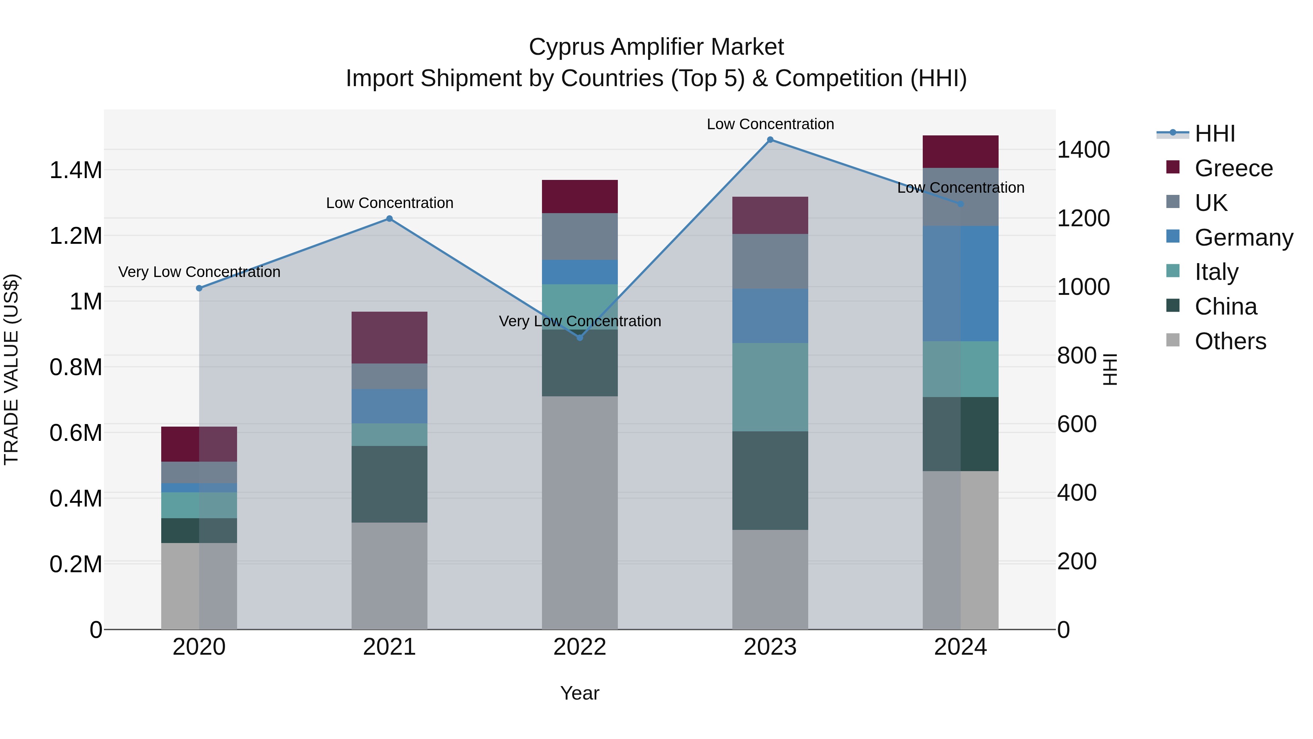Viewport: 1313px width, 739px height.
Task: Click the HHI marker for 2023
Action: pyautogui.click(x=770, y=140)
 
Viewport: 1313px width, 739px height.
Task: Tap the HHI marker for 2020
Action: pyautogui.click(x=199, y=288)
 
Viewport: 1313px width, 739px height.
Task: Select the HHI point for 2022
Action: pyautogui.click(x=580, y=338)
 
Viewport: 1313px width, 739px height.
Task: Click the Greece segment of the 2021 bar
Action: pyautogui.click(x=390, y=338)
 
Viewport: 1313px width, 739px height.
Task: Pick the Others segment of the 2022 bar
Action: pyautogui.click(x=580, y=513)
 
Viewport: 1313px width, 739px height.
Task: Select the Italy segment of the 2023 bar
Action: pyautogui.click(x=770, y=387)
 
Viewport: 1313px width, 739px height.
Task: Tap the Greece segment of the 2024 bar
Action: pyautogui.click(x=960, y=151)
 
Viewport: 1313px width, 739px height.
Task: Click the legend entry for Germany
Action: pyautogui.click(x=1244, y=238)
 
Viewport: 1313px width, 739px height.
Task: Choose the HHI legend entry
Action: pyautogui.click(x=1214, y=134)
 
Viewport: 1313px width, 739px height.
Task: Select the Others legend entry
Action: pyautogui.click(x=1230, y=341)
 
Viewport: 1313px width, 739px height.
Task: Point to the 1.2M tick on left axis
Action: pyautogui.click(x=75, y=236)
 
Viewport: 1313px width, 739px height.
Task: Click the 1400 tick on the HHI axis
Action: pyautogui.click(x=1083, y=150)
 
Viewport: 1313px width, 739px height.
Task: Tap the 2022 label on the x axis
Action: pyautogui.click(x=580, y=647)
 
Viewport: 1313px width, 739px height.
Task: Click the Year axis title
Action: pyautogui.click(x=580, y=693)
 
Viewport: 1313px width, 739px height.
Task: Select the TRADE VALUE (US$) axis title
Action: pyautogui.click(x=11, y=369)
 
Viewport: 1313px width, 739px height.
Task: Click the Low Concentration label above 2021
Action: pyautogui.click(x=390, y=203)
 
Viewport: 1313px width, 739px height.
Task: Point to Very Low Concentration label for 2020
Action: pyautogui.click(x=199, y=272)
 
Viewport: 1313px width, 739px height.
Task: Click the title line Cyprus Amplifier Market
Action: pyautogui.click(x=656, y=47)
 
